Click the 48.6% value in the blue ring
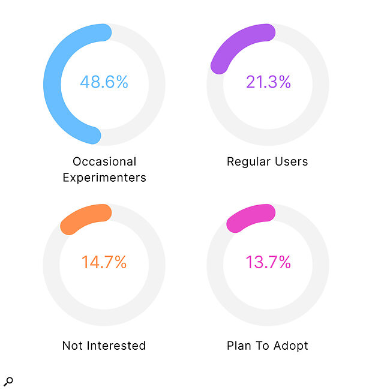[104, 82]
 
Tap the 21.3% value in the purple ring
[268, 82]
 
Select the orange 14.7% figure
[104, 262]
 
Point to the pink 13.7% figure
[268, 262]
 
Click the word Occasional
[104, 161]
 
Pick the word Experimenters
[104, 178]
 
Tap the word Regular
[247, 161]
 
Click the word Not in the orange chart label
[72, 346]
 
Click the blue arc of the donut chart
[52, 84]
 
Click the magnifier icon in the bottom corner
[8, 381]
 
